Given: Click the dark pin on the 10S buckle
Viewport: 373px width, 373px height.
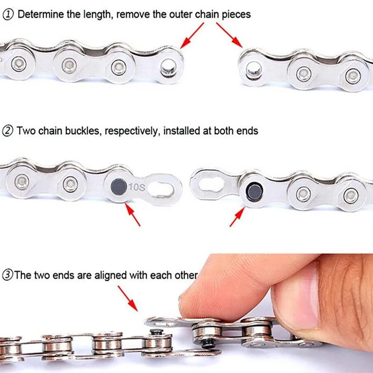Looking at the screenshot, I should coord(119,186).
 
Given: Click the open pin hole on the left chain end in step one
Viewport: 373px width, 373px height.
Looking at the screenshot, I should coord(169,66).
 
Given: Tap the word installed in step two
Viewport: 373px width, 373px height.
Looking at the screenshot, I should coord(181,131).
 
